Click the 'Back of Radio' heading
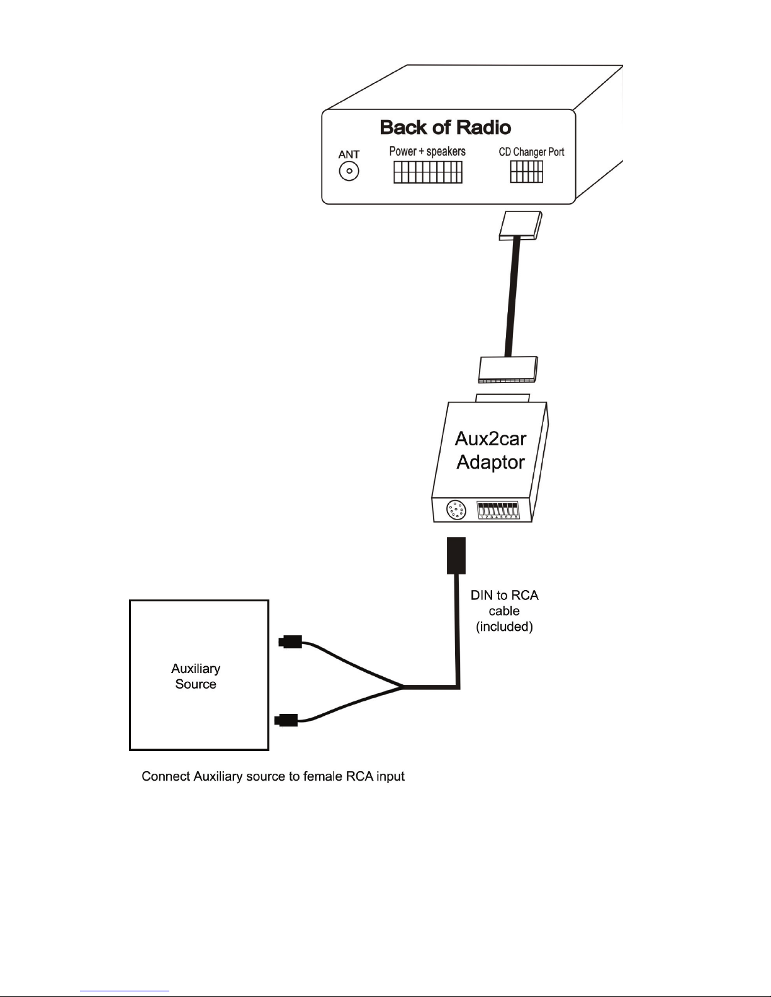pos(445,128)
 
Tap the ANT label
pos(349,155)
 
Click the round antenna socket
pos(349,171)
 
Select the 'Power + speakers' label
pos(427,152)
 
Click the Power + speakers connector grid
pos(428,172)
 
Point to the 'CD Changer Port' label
pos(531,152)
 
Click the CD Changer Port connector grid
pos(526,172)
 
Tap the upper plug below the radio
pos(521,225)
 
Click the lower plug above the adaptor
pos(508,369)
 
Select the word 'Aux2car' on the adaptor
pos(490,438)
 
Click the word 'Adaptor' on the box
pos(490,462)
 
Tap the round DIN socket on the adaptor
pos(456,510)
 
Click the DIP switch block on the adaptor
pos(498,510)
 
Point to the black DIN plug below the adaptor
pos(456,555)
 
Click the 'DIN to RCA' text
pos(504,595)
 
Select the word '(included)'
pos(504,627)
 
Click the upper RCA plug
pos(290,642)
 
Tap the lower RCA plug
pos(286,720)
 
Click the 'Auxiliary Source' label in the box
pos(196,676)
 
